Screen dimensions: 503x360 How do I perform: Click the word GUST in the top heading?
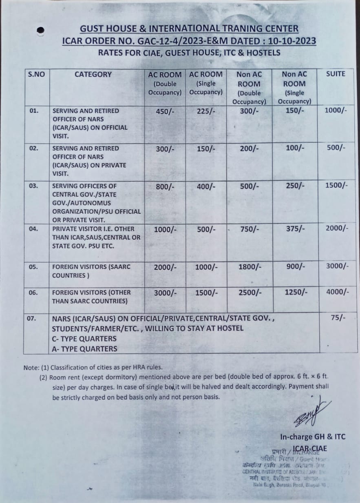tap(93, 29)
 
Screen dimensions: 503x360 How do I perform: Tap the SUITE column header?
tap(336, 74)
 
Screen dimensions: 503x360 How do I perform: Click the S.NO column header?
tap(36, 74)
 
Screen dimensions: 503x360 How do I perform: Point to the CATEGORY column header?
tap(93, 74)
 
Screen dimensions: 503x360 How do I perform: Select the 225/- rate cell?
tap(205, 111)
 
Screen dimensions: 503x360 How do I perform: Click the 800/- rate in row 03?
tap(165, 186)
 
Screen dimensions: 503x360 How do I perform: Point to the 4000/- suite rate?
tap(337, 292)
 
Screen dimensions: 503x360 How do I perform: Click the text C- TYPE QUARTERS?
tap(84, 339)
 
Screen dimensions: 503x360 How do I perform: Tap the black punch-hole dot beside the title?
tap(40, 31)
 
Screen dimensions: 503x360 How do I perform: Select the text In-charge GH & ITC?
tap(312, 437)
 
